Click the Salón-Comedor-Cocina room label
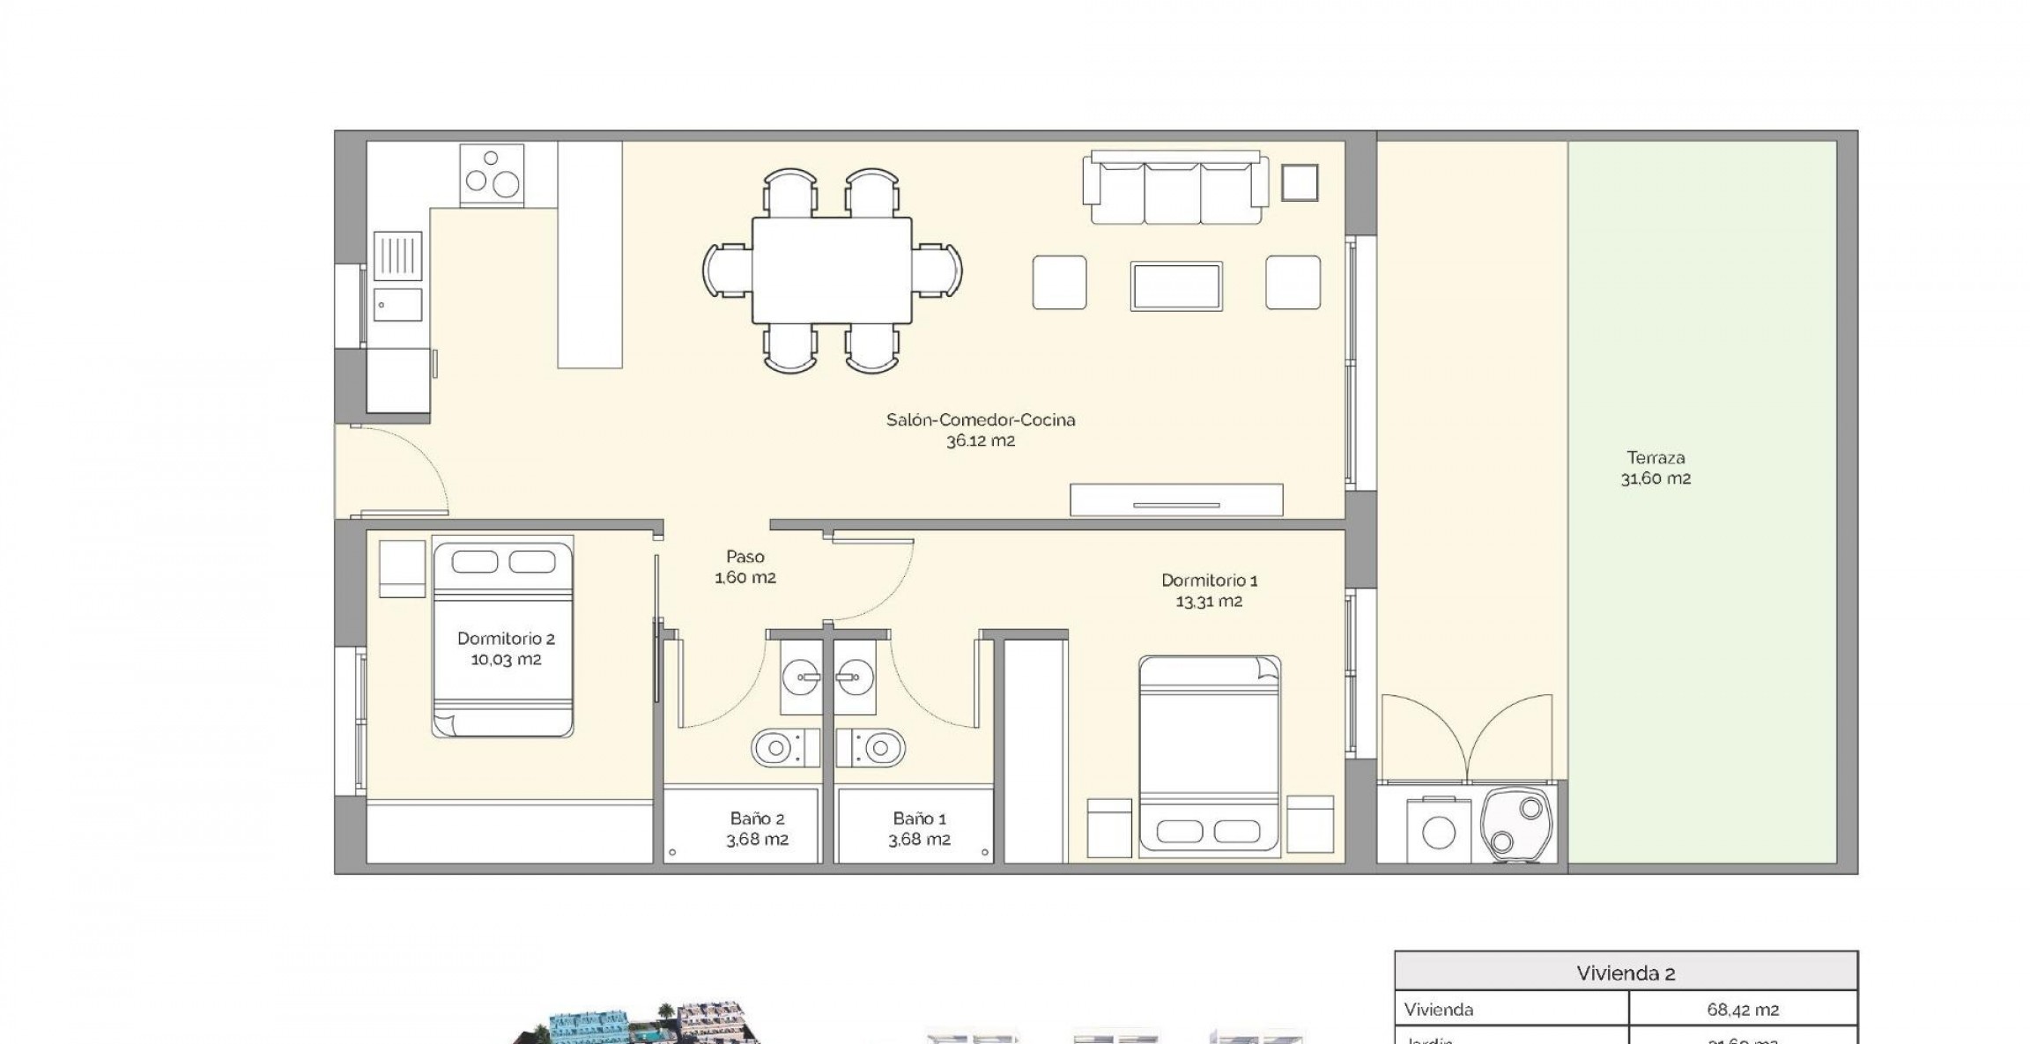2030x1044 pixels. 981,420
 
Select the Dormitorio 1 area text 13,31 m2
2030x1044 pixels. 1209,602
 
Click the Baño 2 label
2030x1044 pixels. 757,818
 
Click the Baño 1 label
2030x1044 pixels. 919,818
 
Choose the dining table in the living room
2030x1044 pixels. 832,270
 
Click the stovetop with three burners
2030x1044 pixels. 492,175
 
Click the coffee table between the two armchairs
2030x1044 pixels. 1176,286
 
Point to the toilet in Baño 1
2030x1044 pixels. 871,749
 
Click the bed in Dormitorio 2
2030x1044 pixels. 502,640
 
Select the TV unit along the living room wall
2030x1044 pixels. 1176,500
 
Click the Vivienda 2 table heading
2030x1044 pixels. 1625,974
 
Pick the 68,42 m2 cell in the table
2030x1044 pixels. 1742,1010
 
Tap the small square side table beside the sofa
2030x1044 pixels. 1299,183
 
